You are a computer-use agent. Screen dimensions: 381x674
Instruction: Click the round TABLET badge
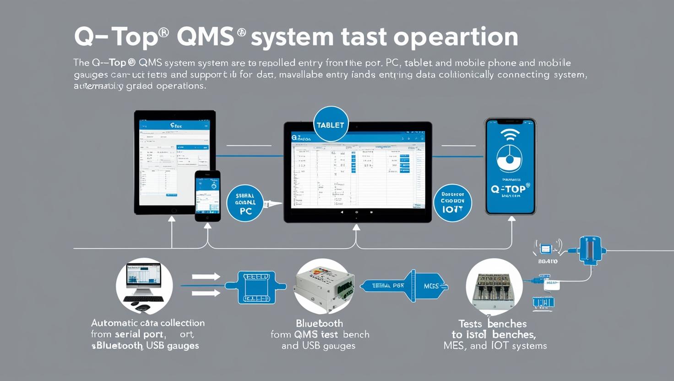[330, 125]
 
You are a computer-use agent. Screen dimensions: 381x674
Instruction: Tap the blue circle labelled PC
[245, 203]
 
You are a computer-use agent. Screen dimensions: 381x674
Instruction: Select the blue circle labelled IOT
[452, 203]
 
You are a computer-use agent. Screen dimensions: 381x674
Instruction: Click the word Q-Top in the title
[121, 37]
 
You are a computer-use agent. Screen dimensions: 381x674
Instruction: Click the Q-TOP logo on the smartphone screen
[510, 189]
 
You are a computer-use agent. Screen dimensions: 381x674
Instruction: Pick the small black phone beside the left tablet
[207, 196]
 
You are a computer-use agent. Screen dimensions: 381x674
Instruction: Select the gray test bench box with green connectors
[324, 286]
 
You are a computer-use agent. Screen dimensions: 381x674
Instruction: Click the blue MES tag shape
[429, 286]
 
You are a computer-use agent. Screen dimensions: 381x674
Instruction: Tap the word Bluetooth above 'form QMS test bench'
[319, 323]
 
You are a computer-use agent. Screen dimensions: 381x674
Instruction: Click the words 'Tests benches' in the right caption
[492, 324]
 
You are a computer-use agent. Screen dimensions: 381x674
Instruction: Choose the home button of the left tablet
[174, 211]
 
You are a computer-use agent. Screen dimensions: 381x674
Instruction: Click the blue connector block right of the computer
[256, 287]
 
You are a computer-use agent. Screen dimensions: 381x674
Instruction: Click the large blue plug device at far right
[590, 250]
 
